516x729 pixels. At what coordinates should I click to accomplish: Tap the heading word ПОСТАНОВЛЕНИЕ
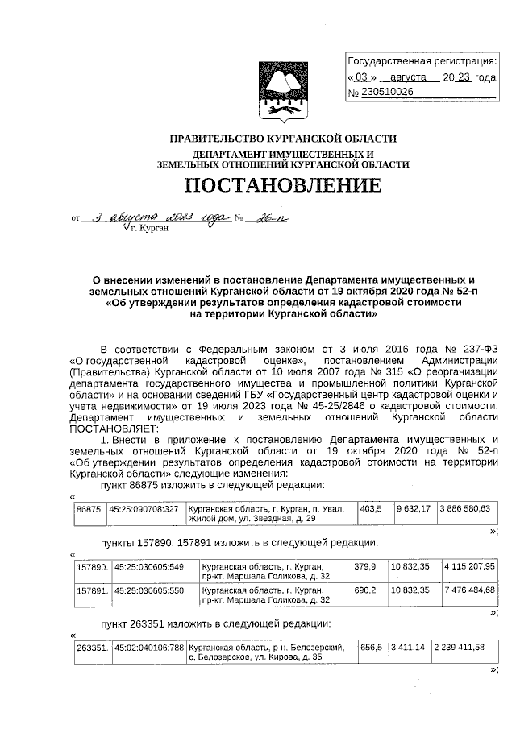tap(283, 187)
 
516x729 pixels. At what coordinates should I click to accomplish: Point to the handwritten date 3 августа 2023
tap(160, 217)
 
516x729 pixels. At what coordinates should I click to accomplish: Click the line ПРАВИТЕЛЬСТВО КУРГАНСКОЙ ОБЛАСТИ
tap(283, 139)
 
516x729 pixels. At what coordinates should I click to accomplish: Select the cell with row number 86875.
tap(89, 510)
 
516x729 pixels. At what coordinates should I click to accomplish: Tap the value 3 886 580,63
tap(466, 510)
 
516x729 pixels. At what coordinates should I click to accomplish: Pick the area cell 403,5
tap(370, 509)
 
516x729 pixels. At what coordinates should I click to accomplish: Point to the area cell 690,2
tap(365, 590)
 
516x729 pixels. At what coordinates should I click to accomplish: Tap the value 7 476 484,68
tap(469, 590)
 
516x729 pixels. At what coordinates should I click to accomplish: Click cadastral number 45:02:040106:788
tap(149, 647)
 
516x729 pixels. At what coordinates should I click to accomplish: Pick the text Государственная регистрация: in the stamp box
tap(422, 62)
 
